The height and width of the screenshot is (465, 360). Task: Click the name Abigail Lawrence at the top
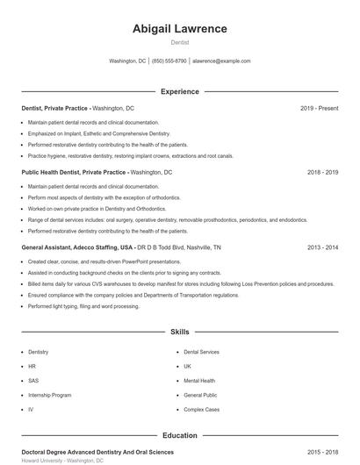pyautogui.click(x=179, y=29)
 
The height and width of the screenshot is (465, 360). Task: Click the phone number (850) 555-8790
pyautogui.click(x=169, y=61)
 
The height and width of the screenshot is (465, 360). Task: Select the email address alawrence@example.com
pyautogui.click(x=221, y=61)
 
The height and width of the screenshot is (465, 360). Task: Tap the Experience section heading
pyautogui.click(x=179, y=91)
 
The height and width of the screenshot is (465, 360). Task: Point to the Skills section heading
pyautogui.click(x=179, y=333)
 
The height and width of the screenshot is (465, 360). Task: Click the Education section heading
pyautogui.click(x=179, y=435)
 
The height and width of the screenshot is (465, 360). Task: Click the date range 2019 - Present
pyautogui.click(x=319, y=108)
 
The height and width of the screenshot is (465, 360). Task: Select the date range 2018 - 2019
pyautogui.click(x=322, y=173)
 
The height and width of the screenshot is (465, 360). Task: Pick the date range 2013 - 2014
pyautogui.click(x=322, y=247)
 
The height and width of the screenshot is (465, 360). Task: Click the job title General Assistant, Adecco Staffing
pyautogui.click(x=77, y=247)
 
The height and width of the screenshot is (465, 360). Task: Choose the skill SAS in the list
pyautogui.click(x=33, y=381)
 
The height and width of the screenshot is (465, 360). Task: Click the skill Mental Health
pyautogui.click(x=199, y=381)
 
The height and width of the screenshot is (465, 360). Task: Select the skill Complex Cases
pyautogui.click(x=201, y=410)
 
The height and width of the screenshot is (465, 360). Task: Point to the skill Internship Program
pyautogui.click(x=49, y=395)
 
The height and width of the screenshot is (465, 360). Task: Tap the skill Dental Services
pyautogui.click(x=202, y=352)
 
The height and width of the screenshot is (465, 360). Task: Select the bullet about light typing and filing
pyautogui.click(x=83, y=306)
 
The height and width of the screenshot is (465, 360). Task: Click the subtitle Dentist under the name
pyautogui.click(x=179, y=42)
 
